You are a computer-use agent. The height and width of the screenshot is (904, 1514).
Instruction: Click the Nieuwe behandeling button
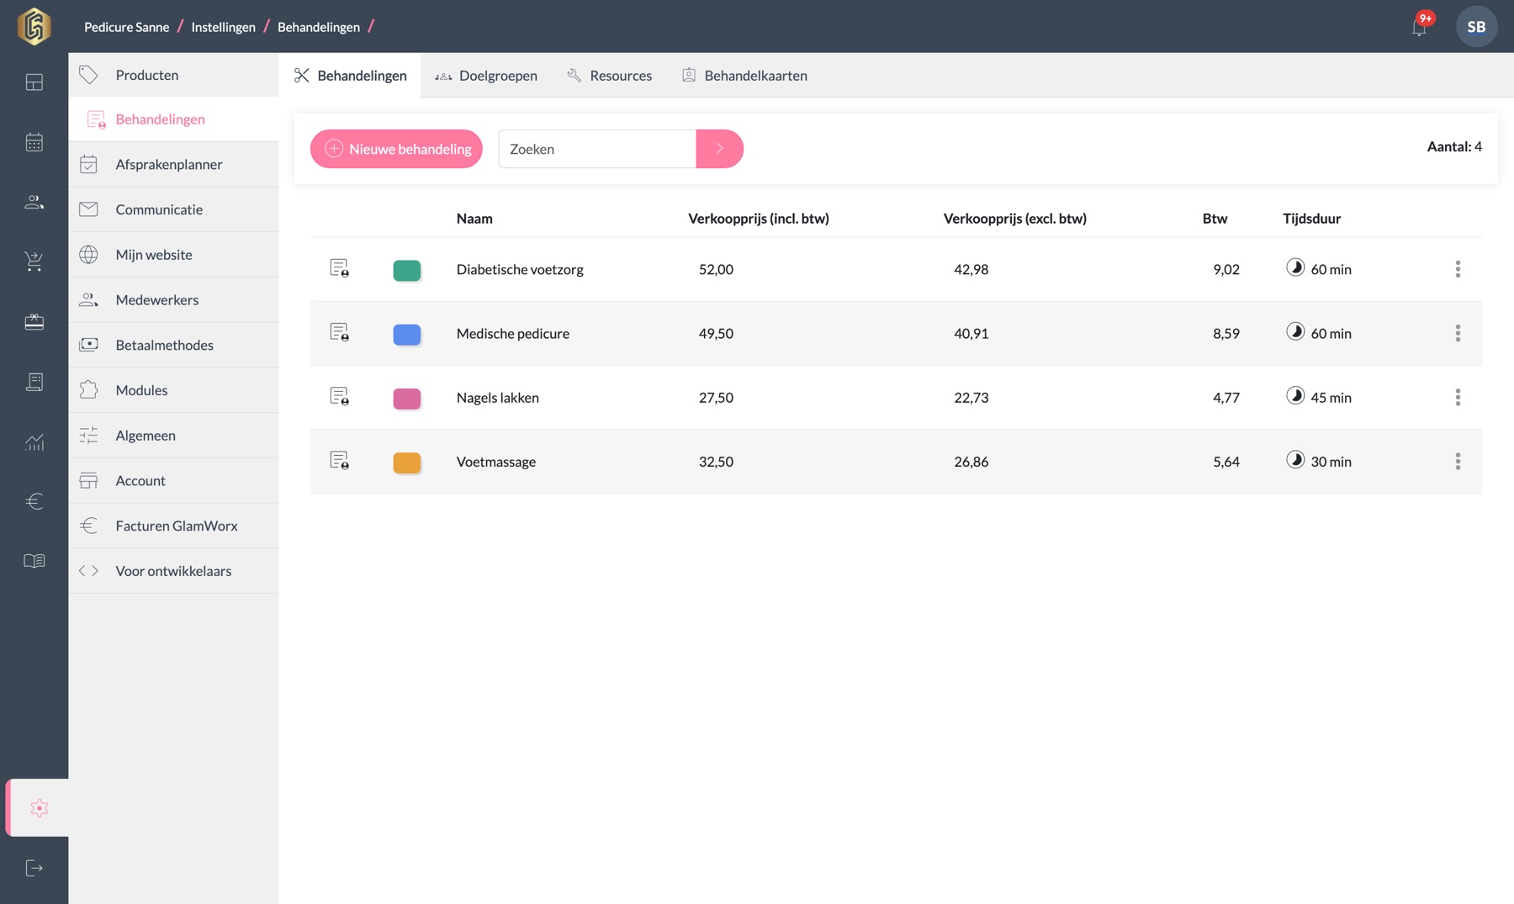(396, 149)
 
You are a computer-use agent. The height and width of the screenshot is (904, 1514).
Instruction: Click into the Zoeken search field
(597, 149)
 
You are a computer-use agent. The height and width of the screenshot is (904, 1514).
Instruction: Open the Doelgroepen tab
(486, 76)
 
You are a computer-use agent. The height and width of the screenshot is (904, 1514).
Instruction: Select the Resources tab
(610, 76)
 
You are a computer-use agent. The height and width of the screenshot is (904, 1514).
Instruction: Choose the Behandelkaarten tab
(744, 76)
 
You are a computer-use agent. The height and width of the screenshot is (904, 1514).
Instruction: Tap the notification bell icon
(1420, 27)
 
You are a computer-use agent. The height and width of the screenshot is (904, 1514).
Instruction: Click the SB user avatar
(1476, 27)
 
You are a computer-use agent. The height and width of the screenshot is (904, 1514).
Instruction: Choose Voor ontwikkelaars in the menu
(173, 571)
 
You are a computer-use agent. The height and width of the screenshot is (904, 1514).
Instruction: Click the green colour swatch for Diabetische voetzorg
(407, 270)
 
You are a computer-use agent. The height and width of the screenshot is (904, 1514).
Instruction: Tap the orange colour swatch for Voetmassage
(407, 463)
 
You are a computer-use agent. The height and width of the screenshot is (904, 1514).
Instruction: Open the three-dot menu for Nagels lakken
(1458, 397)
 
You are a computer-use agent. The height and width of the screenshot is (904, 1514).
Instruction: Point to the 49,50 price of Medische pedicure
(716, 334)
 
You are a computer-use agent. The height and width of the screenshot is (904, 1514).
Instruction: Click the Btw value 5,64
(1226, 462)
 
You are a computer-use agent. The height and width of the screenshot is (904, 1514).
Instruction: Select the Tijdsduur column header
(1311, 219)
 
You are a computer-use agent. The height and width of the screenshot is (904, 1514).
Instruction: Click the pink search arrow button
(720, 149)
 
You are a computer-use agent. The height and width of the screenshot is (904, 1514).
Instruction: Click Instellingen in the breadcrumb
(223, 27)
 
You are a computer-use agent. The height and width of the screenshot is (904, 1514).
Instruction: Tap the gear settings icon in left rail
(39, 808)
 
